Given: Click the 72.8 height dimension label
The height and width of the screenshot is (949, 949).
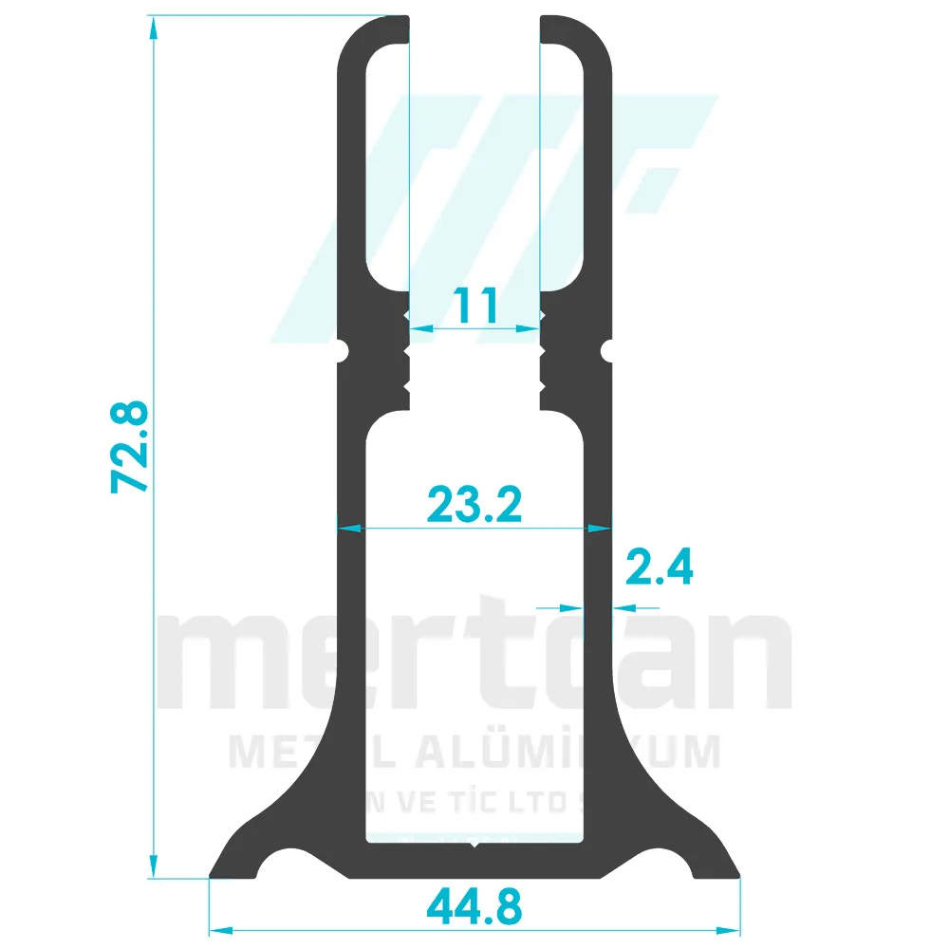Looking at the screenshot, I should tap(129, 447).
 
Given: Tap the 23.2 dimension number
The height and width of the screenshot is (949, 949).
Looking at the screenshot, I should tap(474, 504).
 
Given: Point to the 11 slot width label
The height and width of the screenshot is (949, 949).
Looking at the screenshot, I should tap(474, 307).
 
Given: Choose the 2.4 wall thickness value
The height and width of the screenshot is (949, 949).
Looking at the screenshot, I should tap(660, 568).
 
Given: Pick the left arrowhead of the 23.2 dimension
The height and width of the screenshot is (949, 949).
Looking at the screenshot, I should tap(347, 527).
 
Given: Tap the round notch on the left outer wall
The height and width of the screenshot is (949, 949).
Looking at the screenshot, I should tap(344, 351).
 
